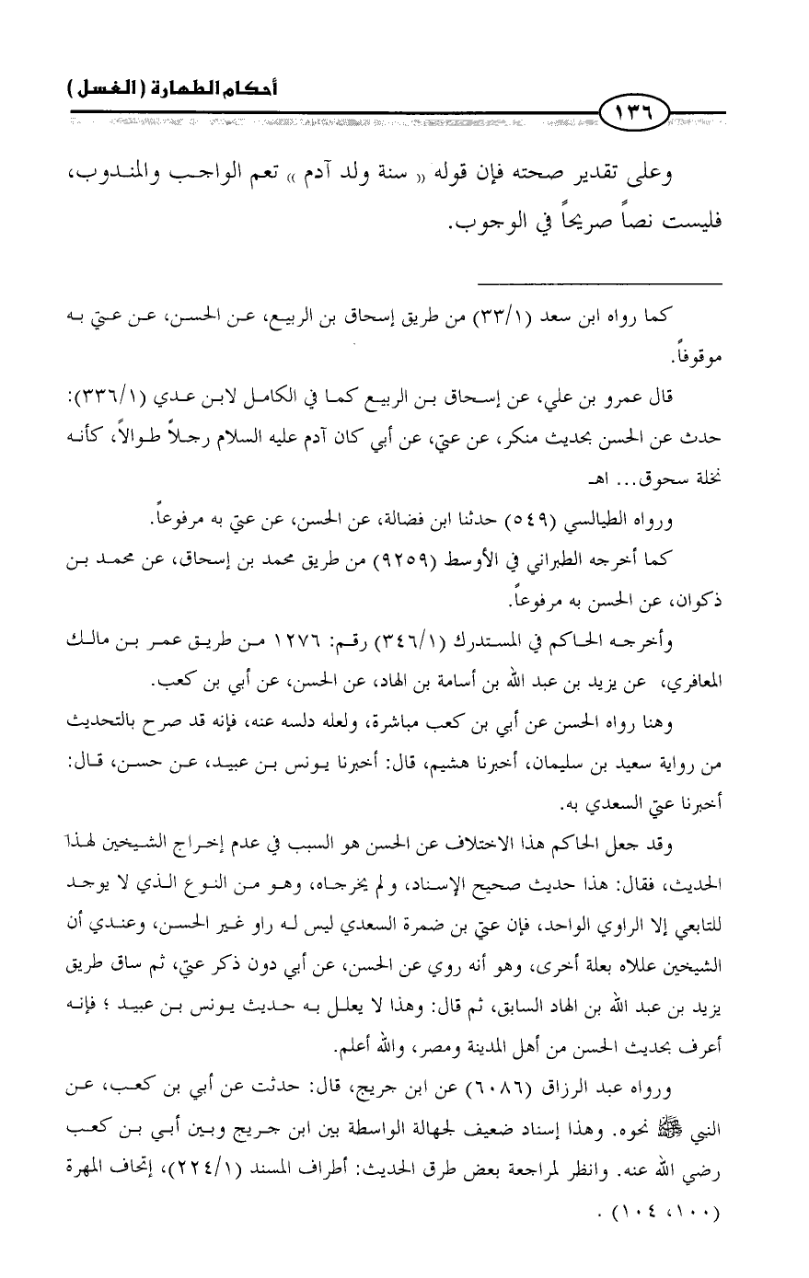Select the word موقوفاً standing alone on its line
[x=694, y=354]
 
